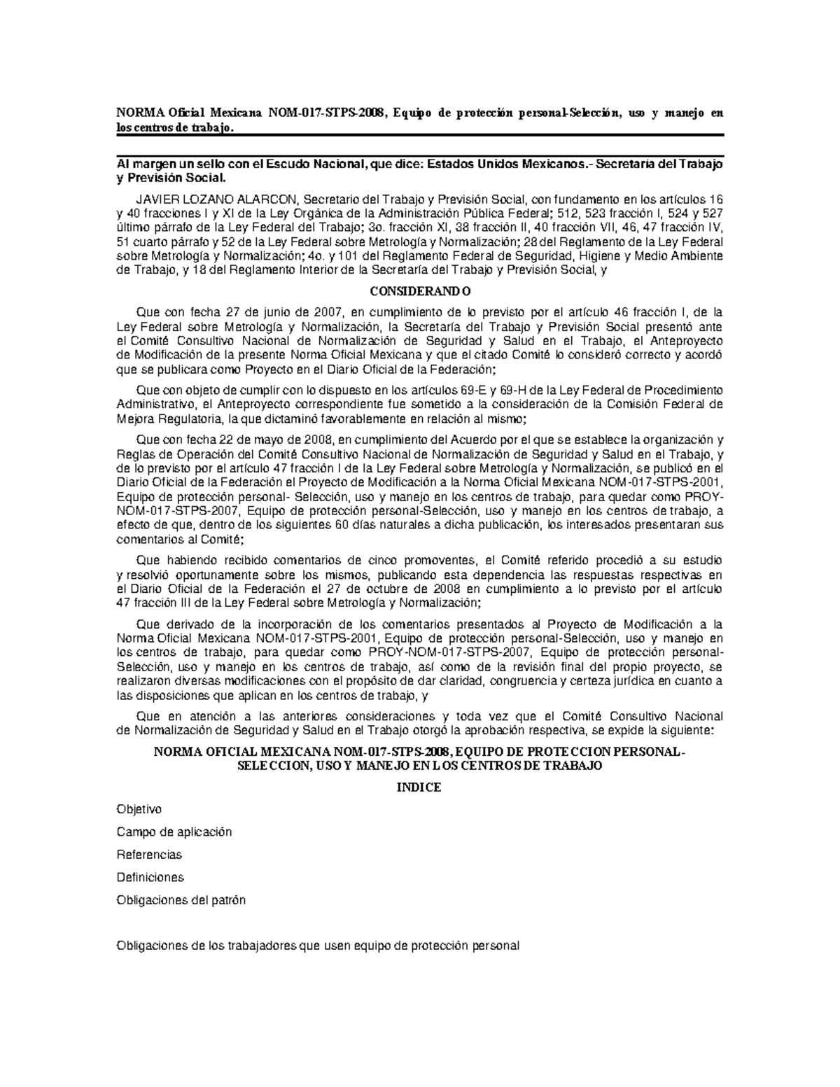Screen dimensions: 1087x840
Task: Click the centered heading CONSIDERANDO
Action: tap(419, 291)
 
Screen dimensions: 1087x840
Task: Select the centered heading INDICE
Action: tap(419, 787)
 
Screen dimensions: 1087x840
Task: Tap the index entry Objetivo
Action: tap(139, 809)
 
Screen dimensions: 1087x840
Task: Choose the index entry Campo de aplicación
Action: tap(174, 832)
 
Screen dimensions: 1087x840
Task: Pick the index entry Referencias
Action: tap(149, 855)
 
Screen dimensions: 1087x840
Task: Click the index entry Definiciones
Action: tap(150, 877)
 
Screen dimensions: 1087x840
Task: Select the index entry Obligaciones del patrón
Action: tap(181, 900)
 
